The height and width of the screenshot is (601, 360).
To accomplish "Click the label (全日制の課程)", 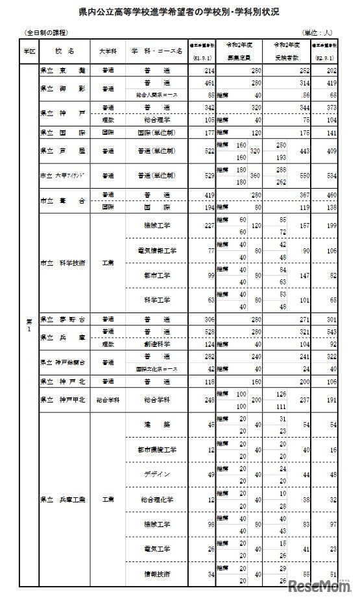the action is tap(46, 32).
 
